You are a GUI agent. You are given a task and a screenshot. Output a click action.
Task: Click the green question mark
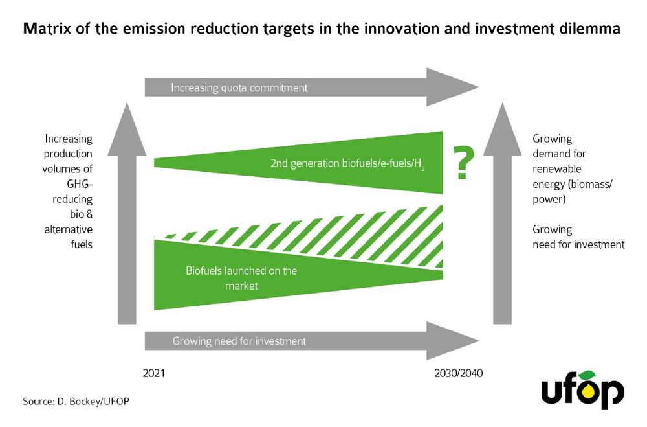[463, 163]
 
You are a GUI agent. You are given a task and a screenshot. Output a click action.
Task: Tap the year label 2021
[153, 373]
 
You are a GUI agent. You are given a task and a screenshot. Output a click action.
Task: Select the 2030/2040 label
[459, 373]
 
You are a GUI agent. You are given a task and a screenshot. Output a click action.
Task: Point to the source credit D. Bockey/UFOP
[76, 401]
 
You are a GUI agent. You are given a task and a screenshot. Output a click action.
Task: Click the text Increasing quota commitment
[239, 87]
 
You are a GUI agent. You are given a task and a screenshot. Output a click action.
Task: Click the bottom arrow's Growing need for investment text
[239, 341]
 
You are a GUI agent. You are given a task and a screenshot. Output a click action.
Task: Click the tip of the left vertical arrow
[127, 103]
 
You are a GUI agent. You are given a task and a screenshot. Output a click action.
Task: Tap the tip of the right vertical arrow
[502, 103]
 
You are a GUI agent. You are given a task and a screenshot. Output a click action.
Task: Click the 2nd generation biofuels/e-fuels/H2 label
[348, 164]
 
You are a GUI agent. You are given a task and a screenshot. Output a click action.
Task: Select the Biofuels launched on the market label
[241, 278]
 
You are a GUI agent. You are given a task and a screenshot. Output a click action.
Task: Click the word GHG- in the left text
[80, 184]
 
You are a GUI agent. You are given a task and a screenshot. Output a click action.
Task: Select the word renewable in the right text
[556, 168]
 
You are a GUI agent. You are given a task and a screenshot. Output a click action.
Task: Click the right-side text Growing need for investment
[578, 237]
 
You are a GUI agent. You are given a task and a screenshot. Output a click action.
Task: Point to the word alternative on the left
[69, 229]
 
